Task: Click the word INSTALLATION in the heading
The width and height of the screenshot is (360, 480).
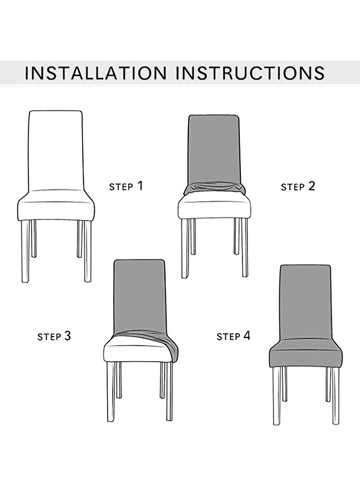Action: [x=96, y=73]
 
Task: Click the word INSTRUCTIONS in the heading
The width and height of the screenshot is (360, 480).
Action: [x=250, y=73]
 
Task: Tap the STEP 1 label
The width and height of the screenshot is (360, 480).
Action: [x=126, y=186]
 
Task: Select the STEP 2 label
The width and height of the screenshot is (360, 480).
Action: [x=298, y=187]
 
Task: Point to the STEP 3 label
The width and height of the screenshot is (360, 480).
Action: [x=54, y=336]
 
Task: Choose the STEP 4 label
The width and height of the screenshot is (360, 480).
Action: [x=233, y=336]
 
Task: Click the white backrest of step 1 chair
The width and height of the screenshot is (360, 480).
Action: [x=55, y=150]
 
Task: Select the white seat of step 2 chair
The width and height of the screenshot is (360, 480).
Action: [x=214, y=207]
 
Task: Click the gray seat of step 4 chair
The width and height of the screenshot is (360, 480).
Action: [x=305, y=355]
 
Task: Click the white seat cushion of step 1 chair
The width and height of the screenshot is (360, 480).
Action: [x=56, y=207]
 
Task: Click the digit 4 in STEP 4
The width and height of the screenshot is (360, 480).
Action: [x=247, y=336]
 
